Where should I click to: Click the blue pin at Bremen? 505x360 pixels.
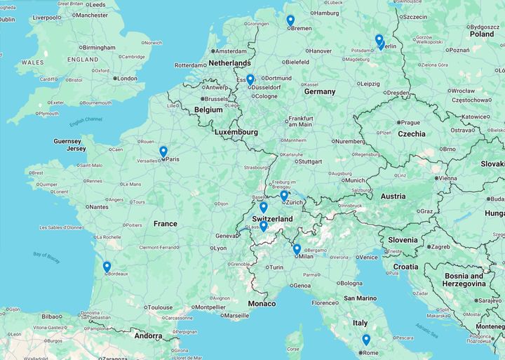(x=290, y=21)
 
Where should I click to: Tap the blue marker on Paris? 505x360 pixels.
(x=163, y=152)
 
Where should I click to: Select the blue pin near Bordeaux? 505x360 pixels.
(x=107, y=267)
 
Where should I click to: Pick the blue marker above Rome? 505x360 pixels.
(x=366, y=340)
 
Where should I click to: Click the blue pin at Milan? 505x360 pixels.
(x=297, y=249)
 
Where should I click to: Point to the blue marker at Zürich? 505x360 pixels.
(x=284, y=196)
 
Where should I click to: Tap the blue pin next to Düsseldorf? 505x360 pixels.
(x=250, y=80)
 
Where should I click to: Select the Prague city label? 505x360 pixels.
(x=410, y=122)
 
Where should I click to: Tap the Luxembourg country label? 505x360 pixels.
(x=236, y=132)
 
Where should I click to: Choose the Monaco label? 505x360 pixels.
(x=262, y=303)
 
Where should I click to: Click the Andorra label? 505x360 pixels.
(x=149, y=335)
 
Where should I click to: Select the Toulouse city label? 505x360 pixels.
(x=160, y=307)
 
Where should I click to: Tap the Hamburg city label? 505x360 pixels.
(x=328, y=13)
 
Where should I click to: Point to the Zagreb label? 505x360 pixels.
(x=440, y=247)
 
